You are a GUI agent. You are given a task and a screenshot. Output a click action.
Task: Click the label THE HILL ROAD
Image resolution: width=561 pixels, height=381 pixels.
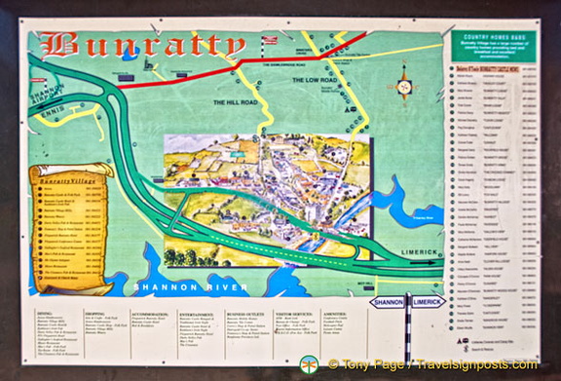coord(233,102)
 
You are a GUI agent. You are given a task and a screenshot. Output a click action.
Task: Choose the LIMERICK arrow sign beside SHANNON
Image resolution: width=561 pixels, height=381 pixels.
coord(425,302)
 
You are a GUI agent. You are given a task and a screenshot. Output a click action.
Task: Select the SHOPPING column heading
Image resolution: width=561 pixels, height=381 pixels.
coord(98,313)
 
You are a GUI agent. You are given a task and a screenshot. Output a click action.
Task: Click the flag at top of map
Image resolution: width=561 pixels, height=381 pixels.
coord(270,41)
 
